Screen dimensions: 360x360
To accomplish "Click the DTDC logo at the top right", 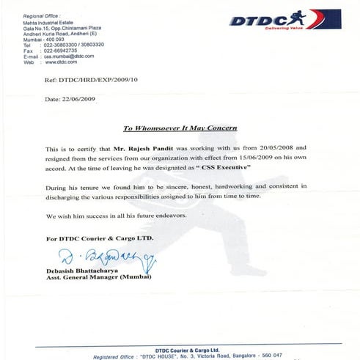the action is point(284,19).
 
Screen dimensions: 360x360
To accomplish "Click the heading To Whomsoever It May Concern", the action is point(180,128).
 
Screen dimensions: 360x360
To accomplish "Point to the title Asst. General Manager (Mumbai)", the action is point(98,279).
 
